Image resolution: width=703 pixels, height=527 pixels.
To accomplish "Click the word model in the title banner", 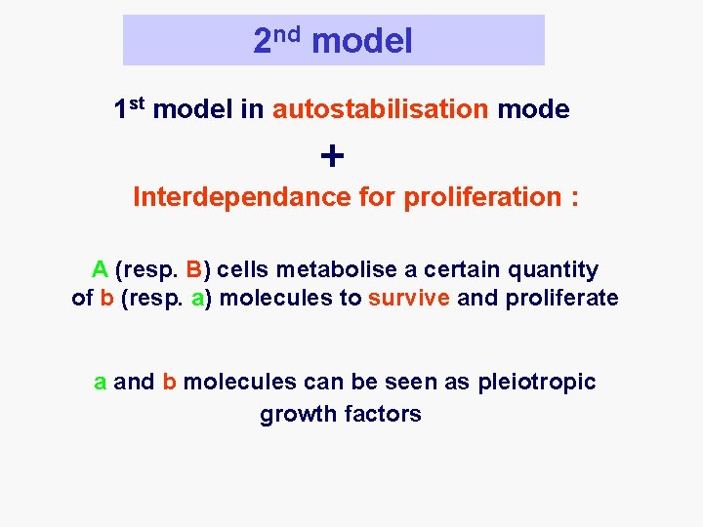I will pos(362,41).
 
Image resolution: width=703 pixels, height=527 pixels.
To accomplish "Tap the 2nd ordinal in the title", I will pos(276,40).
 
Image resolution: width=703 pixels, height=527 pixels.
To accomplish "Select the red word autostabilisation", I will pos(381,109).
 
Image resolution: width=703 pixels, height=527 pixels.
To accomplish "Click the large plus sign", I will pos(332,155).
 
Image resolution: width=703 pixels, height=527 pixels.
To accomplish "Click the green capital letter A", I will pos(100,269).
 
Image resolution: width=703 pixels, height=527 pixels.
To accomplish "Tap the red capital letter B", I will pos(193,269).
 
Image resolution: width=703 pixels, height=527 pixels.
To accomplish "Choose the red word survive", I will pos(409,298).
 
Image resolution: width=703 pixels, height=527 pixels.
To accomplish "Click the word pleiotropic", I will pos(536,382).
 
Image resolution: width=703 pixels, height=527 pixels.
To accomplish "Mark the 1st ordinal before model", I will pos(130,108).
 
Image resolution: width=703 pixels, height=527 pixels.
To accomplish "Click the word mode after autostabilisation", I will pos(533,109).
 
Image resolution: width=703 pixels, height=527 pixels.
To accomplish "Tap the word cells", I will pos(238,269).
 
